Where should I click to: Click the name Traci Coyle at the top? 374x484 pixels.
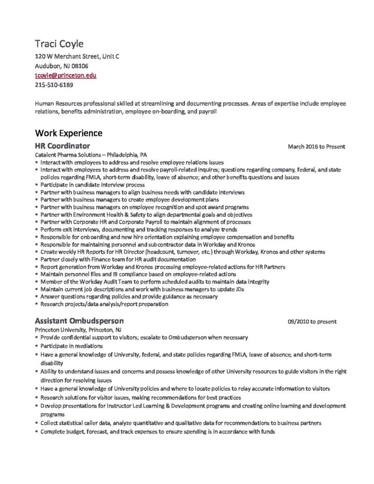[59, 44]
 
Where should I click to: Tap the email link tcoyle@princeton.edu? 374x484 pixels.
[66, 75]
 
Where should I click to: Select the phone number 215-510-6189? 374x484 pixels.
[54, 85]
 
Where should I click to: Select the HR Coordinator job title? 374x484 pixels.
[62, 146]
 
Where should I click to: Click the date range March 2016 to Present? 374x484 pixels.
[316, 147]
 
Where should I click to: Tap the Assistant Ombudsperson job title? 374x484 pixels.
[79, 321]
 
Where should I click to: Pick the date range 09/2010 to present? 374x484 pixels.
[312, 321]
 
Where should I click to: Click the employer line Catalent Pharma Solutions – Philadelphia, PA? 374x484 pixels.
[91, 155]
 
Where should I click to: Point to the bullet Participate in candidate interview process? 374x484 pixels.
[92, 185]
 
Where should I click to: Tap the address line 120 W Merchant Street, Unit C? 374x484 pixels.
[77, 56]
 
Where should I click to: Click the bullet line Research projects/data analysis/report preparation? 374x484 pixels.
[104, 304]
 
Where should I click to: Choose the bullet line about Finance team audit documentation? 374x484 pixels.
[118, 259]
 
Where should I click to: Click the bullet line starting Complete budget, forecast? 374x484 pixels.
[157, 432]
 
